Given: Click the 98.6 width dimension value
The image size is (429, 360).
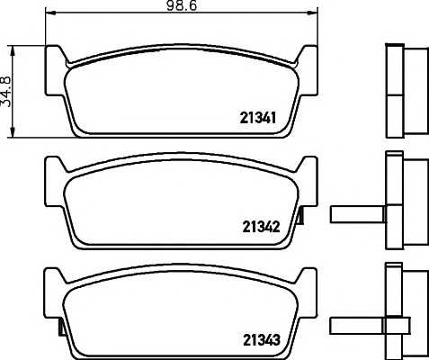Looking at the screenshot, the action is (x=182, y=5).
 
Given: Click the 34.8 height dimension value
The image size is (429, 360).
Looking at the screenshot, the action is (x=5, y=92).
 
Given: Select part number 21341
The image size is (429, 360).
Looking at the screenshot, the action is (x=258, y=118).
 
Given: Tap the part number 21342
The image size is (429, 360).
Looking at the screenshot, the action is (x=261, y=227).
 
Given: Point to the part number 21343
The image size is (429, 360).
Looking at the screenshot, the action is (x=262, y=339).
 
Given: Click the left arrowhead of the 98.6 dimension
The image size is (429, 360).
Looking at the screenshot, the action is (x=49, y=13).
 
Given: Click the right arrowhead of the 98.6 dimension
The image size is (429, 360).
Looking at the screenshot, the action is (x=313, y=13).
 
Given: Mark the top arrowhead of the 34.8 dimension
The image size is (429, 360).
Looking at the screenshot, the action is (x=13, y=50).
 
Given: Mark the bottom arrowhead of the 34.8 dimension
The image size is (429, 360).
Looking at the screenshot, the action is (x=13, y=132).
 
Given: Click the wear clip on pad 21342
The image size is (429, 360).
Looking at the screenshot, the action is (x=300, y=216).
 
